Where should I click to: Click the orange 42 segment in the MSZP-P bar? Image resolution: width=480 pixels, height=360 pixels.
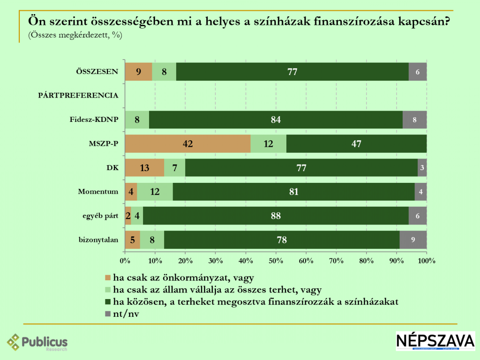187,143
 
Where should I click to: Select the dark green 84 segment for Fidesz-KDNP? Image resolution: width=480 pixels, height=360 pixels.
276,120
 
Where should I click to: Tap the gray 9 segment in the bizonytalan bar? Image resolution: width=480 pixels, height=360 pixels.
413,240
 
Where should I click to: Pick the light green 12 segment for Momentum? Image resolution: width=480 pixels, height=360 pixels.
155,192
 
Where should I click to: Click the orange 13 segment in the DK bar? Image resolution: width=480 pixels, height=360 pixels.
144,167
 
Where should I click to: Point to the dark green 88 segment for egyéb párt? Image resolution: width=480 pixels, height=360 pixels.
276,216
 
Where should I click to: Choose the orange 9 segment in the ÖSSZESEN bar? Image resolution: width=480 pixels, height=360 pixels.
138,72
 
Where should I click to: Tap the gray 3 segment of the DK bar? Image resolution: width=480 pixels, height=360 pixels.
422,167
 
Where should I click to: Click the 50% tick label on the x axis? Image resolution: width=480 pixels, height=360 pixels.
276,260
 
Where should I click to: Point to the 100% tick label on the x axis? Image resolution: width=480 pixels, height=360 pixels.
426,260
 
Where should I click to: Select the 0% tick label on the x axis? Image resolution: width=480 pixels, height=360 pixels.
125,260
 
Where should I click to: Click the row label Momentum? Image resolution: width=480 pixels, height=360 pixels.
97,192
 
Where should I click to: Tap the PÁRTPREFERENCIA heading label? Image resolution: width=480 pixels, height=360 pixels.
77,96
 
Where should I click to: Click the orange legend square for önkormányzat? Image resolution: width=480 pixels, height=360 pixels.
108,277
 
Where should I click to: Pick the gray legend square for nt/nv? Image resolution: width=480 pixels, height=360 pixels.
108,314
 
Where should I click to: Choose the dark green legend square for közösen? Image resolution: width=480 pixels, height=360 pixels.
108,301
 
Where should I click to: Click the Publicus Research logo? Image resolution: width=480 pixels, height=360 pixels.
37,342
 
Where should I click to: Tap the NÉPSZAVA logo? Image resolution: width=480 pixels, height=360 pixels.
435,341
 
